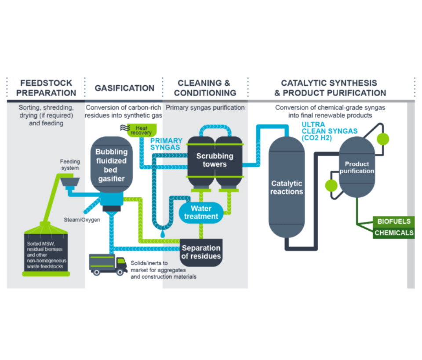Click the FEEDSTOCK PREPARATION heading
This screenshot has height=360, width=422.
pyautogui.click(x=46, y=88)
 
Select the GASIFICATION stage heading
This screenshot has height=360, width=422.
pyautogui.click(x=124, y=88)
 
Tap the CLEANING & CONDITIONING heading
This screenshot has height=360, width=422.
pyautogui.click(x=205, y=88)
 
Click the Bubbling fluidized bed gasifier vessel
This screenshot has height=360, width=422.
pyautogui.click(x=111, y=165)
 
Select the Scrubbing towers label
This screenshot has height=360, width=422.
pyautogui.click(x=215, y=160)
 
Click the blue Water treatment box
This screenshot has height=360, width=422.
pyautogui.click(x=201, y=213)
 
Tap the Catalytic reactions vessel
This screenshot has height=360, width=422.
pyautogui.click(x=287, y=188)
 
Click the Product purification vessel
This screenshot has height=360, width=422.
pyautogui.click(x=357, y=167)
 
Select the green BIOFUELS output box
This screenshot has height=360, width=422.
pyautogui.click(x=393, y=221)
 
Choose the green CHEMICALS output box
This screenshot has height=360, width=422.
pyautogui.click(x=393, y=233)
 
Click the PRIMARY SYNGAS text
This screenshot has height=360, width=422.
pyautogui.click(x=166, y=144)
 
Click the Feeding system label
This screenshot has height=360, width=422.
pyautogui.click(x=69, y=165)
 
